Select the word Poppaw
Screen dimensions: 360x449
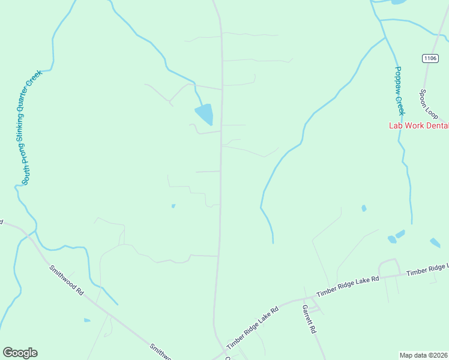coord(398,78)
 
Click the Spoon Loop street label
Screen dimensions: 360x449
coord(430,105)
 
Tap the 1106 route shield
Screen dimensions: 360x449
coord(429,58)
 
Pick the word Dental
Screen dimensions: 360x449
coord(436,125)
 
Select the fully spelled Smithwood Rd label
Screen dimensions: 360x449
coord(67,280)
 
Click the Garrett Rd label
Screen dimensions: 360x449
coord(309,319)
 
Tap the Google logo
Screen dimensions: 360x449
coord(20,353)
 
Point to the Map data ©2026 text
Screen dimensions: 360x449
coord(423,355)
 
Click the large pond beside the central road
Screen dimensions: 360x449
coord(204,113)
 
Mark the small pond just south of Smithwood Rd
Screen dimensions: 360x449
coord(87,320)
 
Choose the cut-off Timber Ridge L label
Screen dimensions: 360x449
coord(427,269)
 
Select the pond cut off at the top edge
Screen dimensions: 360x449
coord(398,2)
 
